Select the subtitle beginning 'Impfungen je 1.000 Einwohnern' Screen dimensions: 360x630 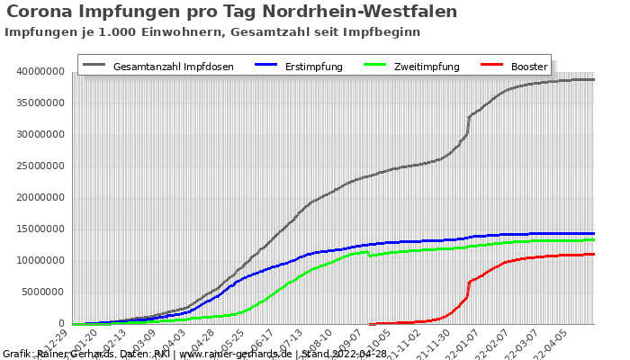[x=212, y=31]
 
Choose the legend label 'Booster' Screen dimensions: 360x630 [x=528, y=67]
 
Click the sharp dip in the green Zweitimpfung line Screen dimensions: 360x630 [x=370, y=256]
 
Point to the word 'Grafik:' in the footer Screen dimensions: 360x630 [x=18, y=354]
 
